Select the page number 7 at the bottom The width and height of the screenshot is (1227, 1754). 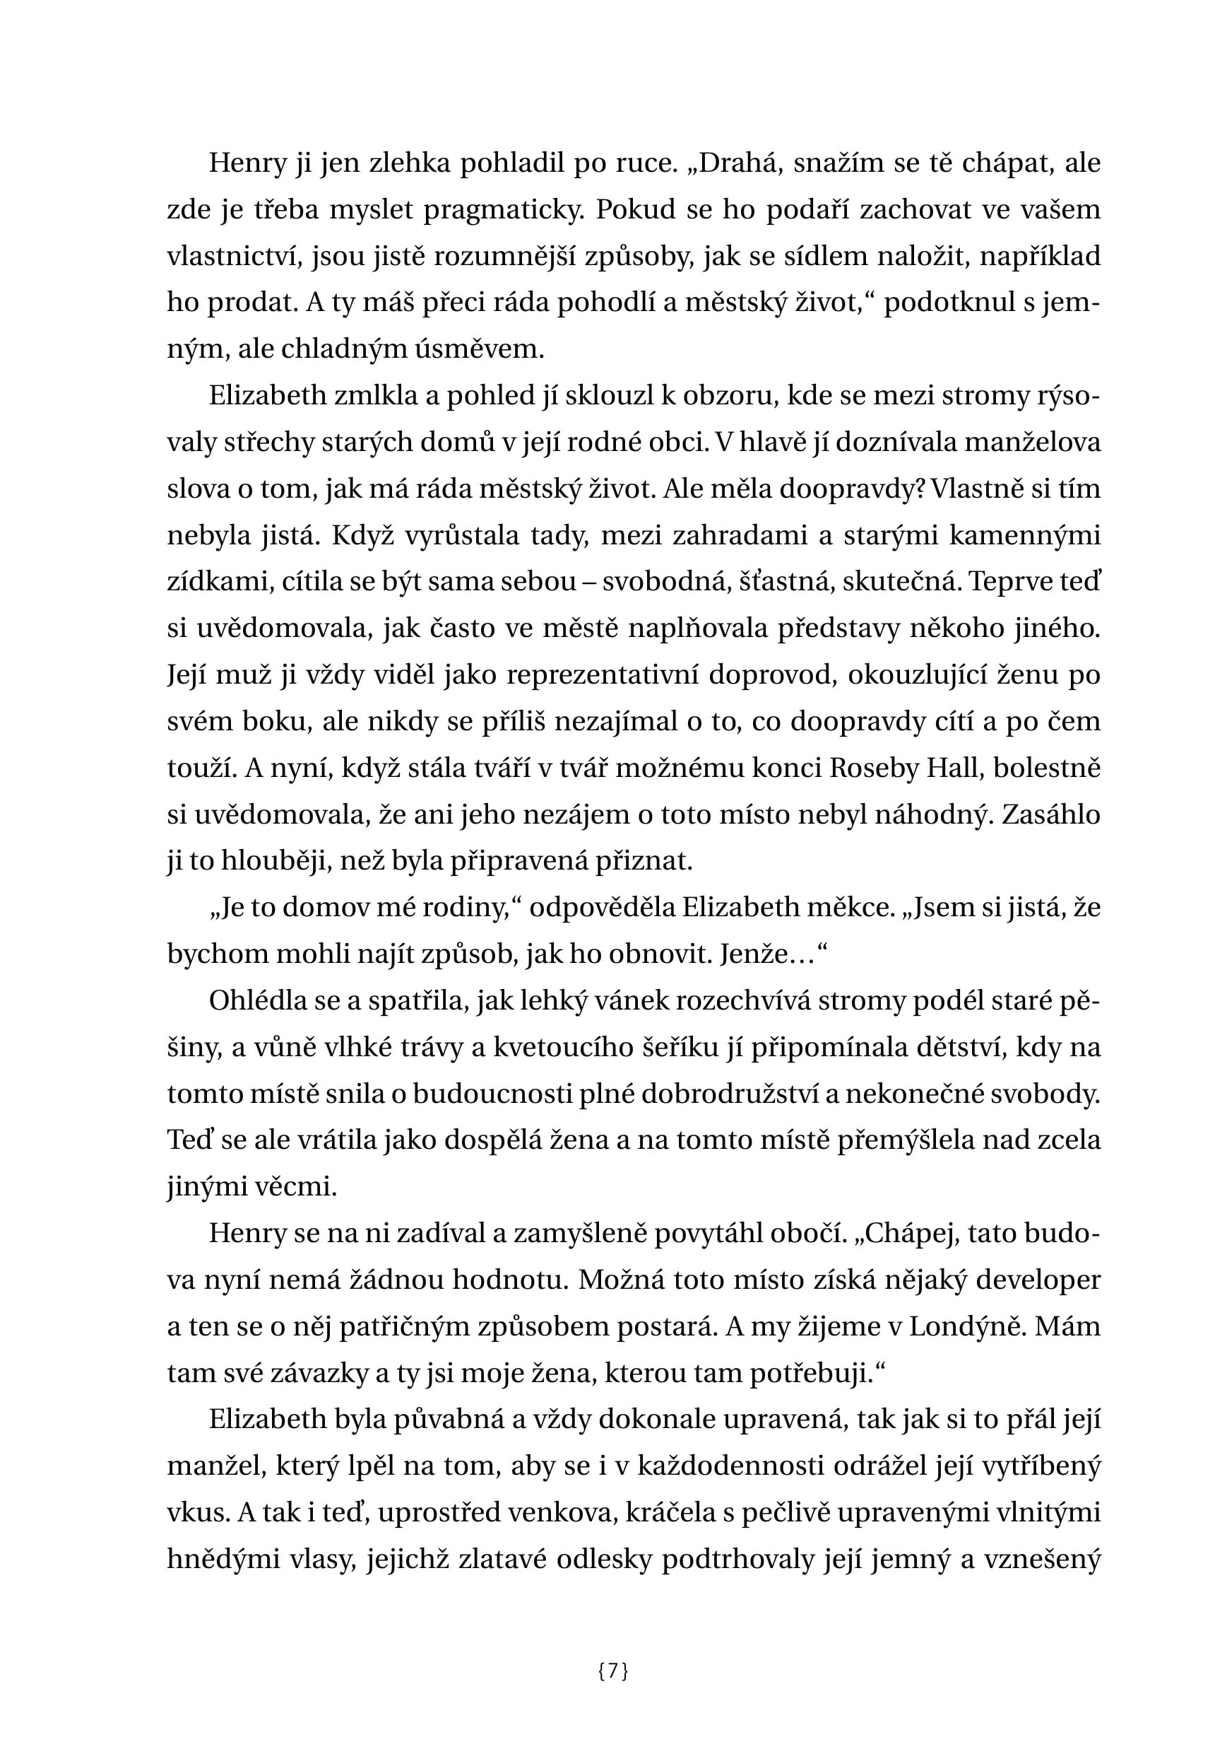[613, 1671]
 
